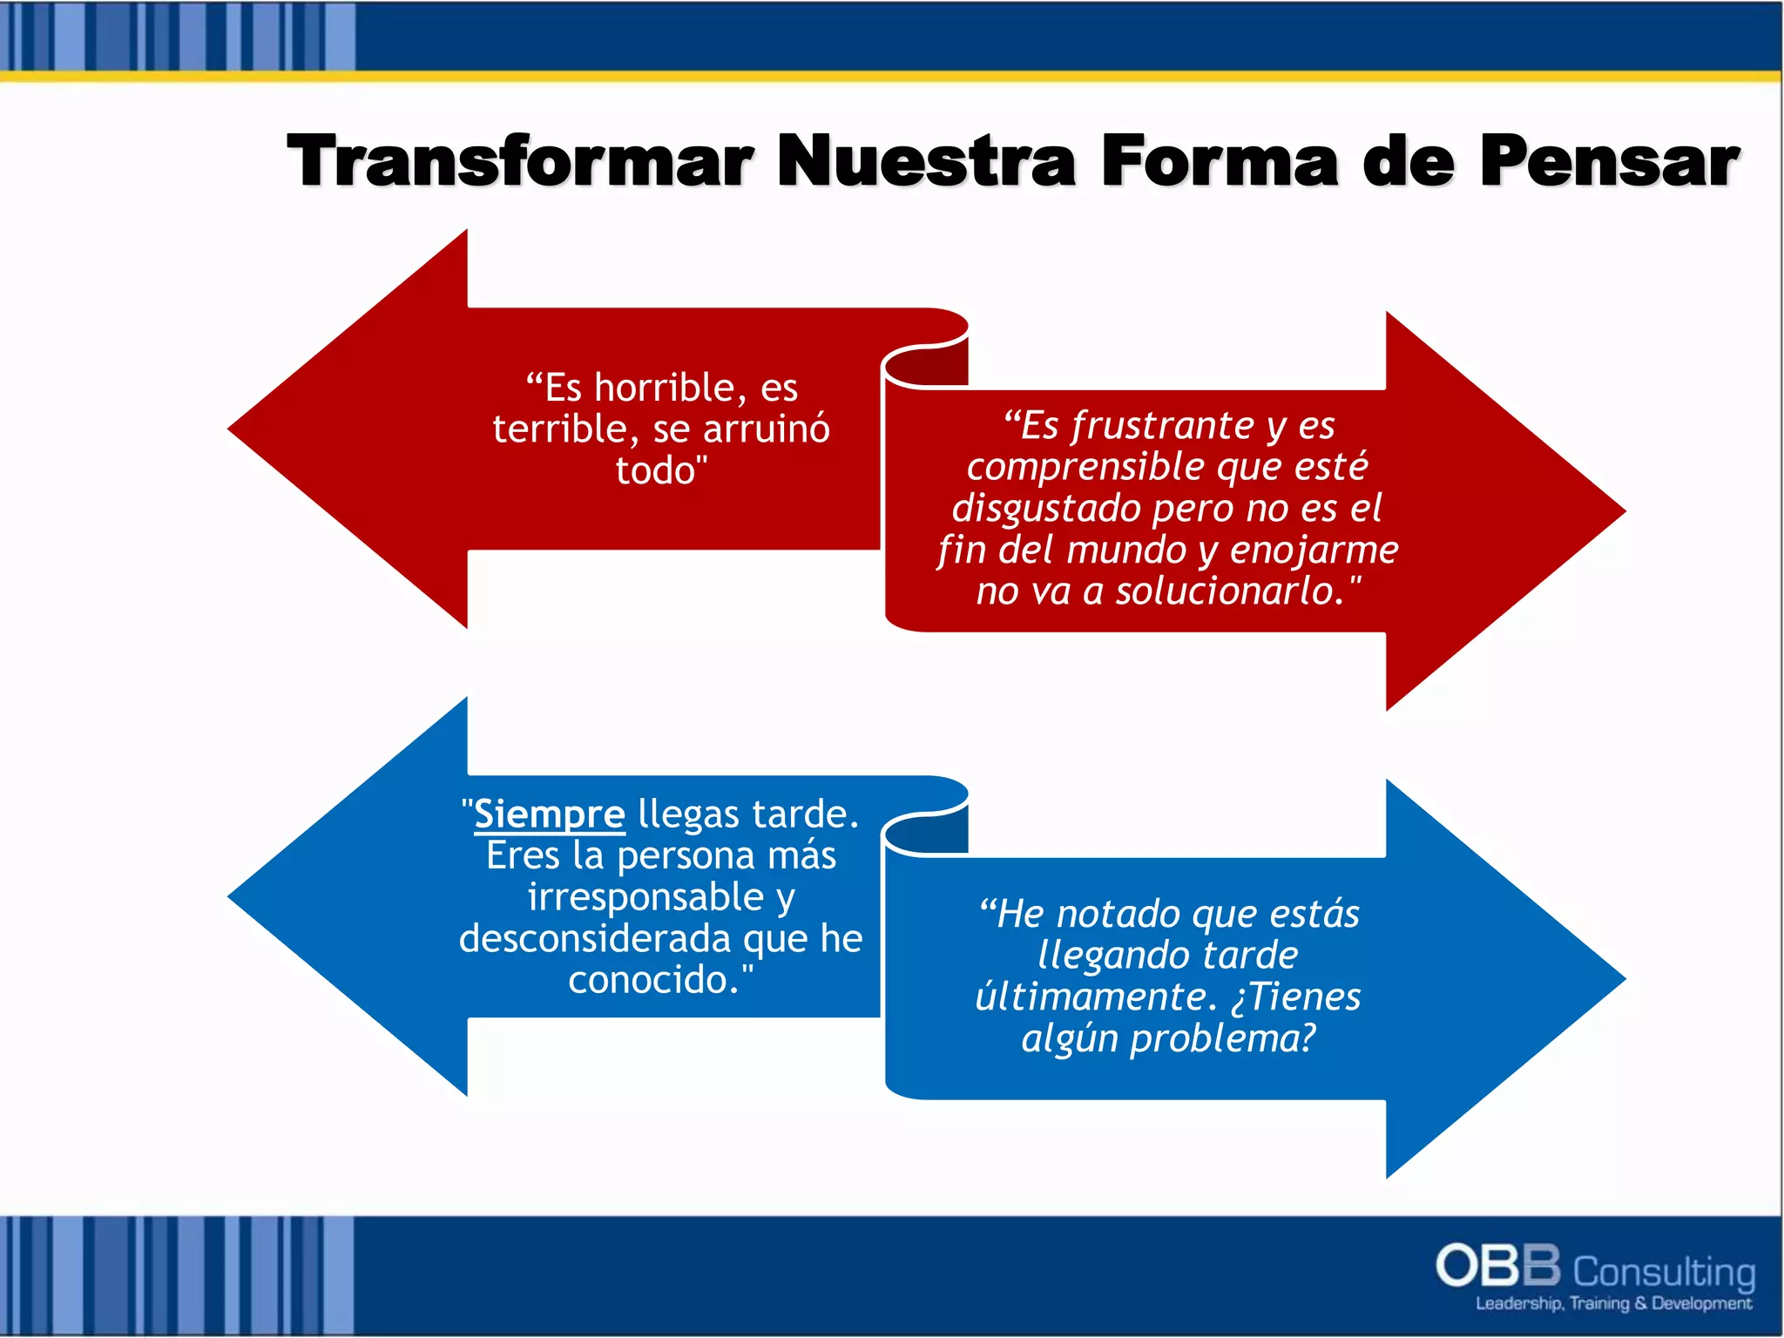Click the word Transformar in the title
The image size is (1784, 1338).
tap(520, 161)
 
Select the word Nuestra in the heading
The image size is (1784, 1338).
tap(926, 161)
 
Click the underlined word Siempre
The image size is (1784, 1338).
tap(550, 814)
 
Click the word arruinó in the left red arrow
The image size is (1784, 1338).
tap(767, 429)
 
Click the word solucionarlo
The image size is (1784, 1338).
tap(1230, 591)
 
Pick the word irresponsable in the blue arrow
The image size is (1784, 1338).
tap(645, 897)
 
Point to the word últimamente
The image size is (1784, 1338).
tap(1094, 997)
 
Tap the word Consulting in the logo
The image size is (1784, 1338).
tap(1664, 1273)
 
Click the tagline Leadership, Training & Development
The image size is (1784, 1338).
tap(1612, 1304)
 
